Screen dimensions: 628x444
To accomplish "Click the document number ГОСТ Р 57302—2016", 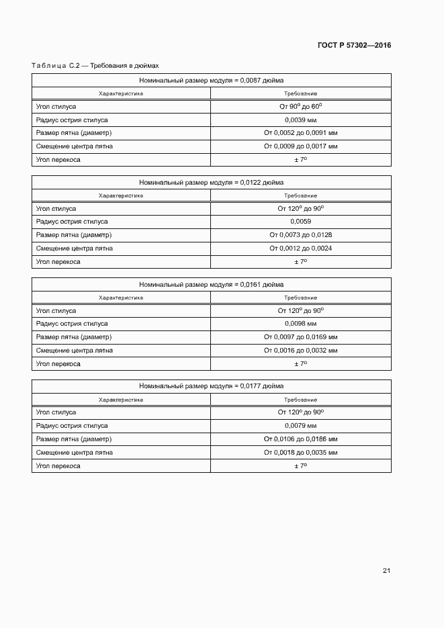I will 354,46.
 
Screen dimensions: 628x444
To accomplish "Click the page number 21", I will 386,571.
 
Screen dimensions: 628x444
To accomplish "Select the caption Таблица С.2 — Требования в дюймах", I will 95,66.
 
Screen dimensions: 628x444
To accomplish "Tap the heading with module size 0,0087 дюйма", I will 211,80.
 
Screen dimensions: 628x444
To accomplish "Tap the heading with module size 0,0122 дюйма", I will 211,182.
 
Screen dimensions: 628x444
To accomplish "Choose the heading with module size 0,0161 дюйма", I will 211,284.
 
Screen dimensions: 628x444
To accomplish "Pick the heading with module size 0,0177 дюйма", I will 211,386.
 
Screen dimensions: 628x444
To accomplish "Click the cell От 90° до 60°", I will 300,107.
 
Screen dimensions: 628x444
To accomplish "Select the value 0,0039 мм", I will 300,120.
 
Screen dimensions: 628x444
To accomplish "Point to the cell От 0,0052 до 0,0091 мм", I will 300,133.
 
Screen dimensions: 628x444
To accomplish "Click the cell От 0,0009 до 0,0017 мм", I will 300,146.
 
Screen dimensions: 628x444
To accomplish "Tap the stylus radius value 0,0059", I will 300,222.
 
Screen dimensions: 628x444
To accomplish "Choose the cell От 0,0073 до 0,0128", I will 300,235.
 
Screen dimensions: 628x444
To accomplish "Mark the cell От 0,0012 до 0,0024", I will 300,249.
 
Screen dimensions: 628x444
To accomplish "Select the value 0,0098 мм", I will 300,324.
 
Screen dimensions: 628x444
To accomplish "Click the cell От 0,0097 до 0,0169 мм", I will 300,337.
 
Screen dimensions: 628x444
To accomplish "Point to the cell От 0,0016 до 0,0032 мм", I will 300,351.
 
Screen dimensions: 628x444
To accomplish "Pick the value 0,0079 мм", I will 300,426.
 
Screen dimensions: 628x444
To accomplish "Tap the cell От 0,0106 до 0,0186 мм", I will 300,439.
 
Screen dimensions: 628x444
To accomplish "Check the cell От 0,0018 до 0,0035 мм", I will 300,453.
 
